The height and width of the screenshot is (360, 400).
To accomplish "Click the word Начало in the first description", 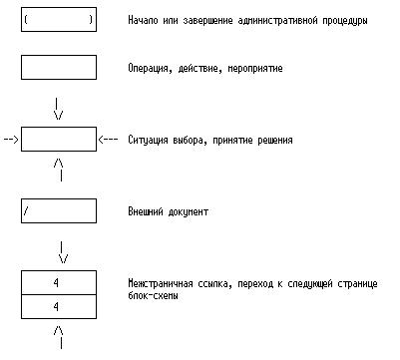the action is (x=143, y=20).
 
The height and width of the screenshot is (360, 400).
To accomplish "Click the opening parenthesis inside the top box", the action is (x=26, y=20).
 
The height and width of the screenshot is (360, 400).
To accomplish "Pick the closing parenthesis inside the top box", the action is (x=91, y=20).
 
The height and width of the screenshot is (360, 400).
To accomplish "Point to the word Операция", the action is (x=150, y=69).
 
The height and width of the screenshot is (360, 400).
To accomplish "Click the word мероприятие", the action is (x=255, y=69).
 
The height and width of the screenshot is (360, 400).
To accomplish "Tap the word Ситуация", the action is (x=148, y=140).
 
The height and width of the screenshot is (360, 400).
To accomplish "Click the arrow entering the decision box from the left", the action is (x=11, y=140).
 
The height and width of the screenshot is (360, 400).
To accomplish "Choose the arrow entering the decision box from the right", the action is (x=108, y=140).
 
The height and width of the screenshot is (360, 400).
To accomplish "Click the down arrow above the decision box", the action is (x=58, y=109).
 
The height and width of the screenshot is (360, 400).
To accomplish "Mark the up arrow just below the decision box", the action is (x=59, y=170).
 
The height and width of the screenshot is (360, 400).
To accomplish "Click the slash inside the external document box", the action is (x=26, y=210).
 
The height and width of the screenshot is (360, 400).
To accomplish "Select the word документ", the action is (x=189, y=211).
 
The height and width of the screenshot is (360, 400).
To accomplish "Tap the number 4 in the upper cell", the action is (x=56, y=282).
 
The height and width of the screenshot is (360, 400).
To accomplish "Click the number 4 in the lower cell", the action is (x=56, y=306).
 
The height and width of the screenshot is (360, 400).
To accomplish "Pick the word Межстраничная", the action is (x=161, y=283).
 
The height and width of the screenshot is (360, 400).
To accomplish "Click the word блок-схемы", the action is (x=153, y=295).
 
